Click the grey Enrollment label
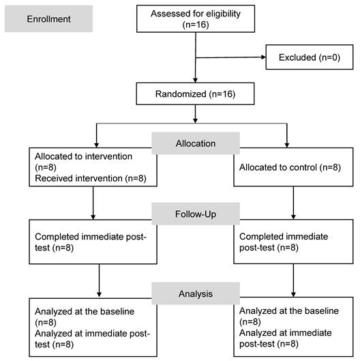[49, 18]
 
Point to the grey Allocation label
[196, 143]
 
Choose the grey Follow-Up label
[196, 214]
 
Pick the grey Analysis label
[196, 293]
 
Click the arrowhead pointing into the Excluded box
[263, 57]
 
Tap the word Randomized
[181, 94]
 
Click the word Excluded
[297, 57]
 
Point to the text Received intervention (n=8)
[91, 178]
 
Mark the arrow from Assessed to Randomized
[196, 57]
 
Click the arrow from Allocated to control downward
[293, 203]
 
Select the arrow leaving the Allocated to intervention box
[93, 203]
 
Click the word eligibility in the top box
[223, 14]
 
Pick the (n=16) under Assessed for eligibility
[196, 25]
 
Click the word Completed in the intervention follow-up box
[57, 237]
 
